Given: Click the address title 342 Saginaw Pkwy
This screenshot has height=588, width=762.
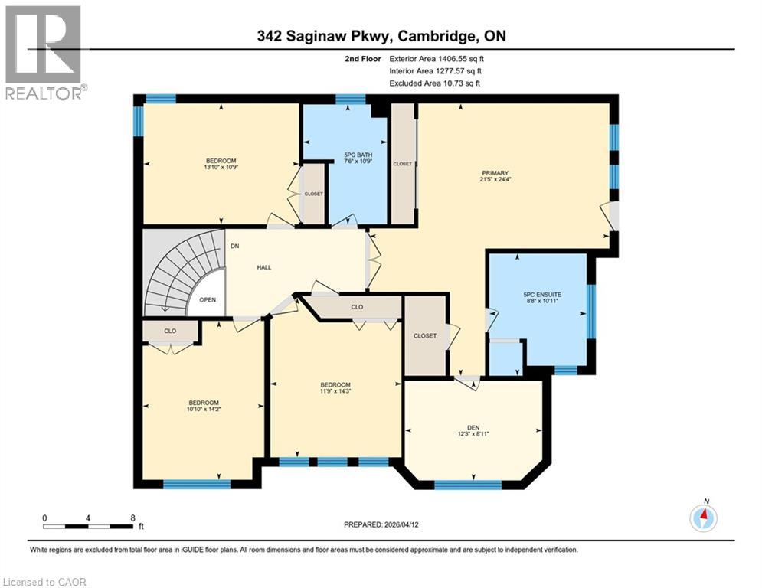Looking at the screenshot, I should pos(381,36).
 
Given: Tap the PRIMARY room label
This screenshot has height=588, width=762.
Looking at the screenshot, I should pos(495,173).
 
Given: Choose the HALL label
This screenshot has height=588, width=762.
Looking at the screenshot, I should pos(264,267).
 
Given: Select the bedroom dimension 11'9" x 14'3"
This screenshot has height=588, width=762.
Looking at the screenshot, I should pos(335,392).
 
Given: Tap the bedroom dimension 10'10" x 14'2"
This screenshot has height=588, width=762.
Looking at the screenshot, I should pos(204,410).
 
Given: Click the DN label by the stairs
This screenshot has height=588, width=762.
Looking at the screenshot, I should pos(235,247).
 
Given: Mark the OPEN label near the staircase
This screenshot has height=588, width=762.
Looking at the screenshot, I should pos(208,300).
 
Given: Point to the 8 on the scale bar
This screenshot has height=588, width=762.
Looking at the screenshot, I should pos(132,517).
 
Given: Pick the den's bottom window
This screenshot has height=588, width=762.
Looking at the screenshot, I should pos(468,485).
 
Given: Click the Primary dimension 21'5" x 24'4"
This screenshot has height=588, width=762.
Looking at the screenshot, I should pos(495,181).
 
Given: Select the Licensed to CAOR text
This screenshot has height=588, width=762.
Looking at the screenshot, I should pos(44,582).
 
